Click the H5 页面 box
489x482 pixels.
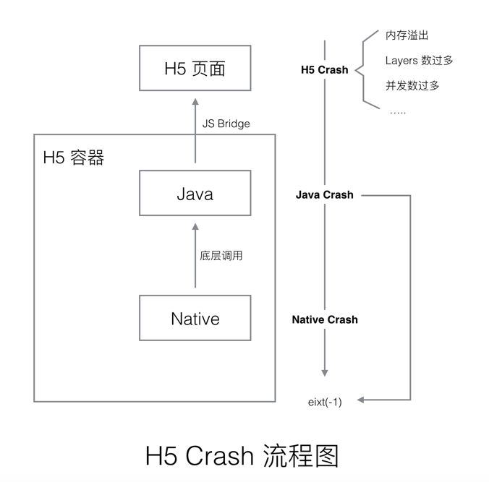pyautogui.click(x=195, y=68)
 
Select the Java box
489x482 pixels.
pyautogui.click(x=195, y=193)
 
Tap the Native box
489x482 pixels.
pyautogui.click(x=195, y=318)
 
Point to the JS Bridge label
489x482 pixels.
pyautogui.click(x=226, y=124)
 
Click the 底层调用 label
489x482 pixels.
pyautogui.click(x=221, y=256)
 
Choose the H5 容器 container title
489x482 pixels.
pyautogui.click(x=73, y=158)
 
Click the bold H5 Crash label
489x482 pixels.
pyautogui.click(x=324, y=70)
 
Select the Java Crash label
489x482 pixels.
pyautogui.click(x=324, y=195)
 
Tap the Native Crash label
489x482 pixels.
pyautogui.click(x=324, y=319)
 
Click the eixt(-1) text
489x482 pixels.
pyautogui.click(x=325, y=402)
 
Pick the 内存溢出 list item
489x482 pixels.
pyautogui.click(x=407, y=35)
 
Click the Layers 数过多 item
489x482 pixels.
pyautogui.click(x=419, y=61)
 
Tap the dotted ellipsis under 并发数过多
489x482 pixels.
pyautogui.click(x=398, y=112)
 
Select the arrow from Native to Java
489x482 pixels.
pyautogui.click(x=195, y=256)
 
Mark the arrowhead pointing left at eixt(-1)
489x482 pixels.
pyautogui.click(x=362, y=400)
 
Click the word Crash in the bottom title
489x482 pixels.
pyautogui.click(x=219, y=456)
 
